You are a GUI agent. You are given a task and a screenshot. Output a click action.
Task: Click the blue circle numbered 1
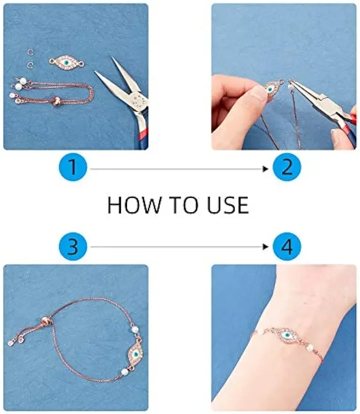[x=73, y=167]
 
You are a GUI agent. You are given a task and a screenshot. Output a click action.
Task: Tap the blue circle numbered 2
[x=287, y=167]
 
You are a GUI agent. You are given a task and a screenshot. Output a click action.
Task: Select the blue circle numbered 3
[x=73, y=246]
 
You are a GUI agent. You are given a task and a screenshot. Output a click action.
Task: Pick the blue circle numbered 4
[x=287, y=246]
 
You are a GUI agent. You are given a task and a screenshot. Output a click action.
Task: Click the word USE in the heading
[x=228, y=205]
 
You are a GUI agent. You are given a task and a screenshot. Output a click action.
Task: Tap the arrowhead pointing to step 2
[x=265, y=169]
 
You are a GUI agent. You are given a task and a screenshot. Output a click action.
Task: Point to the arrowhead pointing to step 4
[x=265, y=247]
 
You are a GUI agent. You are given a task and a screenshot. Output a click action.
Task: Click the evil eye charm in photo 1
[x=66, y=62]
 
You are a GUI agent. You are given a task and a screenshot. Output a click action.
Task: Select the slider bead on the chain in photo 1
[x=56, y=101]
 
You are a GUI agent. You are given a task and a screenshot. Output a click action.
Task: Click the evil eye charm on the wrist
[x=287, y=336]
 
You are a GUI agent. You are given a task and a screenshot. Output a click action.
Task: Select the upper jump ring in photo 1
[x=32, y=52]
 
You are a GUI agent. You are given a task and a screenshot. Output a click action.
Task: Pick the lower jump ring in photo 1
[x=31, y=65]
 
